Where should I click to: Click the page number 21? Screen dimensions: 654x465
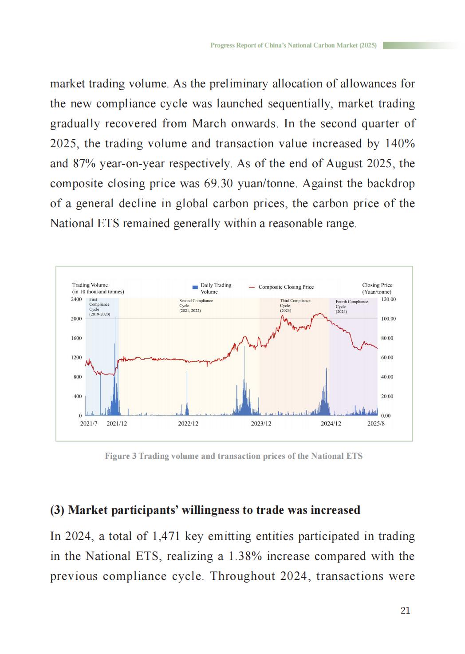coord(405,611)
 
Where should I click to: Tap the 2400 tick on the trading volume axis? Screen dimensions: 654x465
coord(76,299)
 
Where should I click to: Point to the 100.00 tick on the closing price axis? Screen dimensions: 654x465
coord(388,319)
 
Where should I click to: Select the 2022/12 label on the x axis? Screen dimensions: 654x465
coord(188,424)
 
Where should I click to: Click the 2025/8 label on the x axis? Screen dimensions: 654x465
coord(376,424)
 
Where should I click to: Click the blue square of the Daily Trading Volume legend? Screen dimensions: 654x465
coord(195,287)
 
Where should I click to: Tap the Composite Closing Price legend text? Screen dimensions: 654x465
coord(286,287)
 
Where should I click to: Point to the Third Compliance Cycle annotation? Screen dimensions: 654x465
coord(295,305)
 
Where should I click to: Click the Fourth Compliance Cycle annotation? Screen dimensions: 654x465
coord(351,307)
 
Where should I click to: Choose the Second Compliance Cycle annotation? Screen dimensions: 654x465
coord(196,305)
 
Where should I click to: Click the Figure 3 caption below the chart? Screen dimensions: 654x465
coord(233,456)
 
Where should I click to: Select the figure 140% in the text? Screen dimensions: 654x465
coord(400,144)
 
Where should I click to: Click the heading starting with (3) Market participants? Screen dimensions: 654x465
coord(205,510)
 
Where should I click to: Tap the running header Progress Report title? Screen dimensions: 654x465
coord(293,45)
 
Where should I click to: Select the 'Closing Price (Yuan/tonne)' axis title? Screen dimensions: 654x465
coord(377,288)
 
